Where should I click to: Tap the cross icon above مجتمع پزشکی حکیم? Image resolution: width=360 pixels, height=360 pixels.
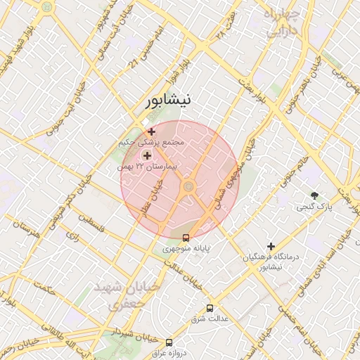pos(152,131)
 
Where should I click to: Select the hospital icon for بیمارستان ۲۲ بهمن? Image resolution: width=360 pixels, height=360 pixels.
pos(148,155)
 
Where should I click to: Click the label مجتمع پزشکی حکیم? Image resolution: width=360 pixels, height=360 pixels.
pos(152,143)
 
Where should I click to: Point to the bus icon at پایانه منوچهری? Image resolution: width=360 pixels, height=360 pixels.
pos(186,238)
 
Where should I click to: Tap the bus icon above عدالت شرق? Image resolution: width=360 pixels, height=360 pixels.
pos(210,308)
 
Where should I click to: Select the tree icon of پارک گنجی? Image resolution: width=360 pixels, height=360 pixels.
pos(314,195)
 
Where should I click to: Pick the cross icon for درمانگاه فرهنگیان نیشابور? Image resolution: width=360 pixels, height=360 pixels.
pos(270,245)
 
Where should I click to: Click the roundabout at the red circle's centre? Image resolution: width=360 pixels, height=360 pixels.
pos(188,186)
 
